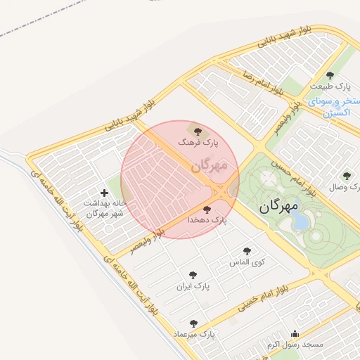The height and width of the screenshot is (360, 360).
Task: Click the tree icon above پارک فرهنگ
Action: click(196, 130)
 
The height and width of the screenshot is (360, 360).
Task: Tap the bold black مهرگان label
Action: click(278, 206)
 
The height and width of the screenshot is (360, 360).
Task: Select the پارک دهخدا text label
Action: click(207, 220)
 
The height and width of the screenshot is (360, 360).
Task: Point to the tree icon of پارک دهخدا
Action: click(206, 209)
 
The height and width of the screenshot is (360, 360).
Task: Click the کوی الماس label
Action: click(245, 262)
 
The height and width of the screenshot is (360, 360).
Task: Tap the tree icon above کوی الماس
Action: click(247, 250)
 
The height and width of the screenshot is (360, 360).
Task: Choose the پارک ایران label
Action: click(193, 287)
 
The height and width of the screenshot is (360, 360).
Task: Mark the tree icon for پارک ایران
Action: click(193, 275)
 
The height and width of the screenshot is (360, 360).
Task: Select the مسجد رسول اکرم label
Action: click(294, 345)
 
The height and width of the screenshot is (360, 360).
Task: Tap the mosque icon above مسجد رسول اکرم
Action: click(295, 334)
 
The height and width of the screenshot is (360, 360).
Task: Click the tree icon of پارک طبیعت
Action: click(330, 75)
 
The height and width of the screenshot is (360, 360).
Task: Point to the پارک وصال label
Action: click(345, 188)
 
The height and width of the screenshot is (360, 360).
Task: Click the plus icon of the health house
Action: click(105, 192)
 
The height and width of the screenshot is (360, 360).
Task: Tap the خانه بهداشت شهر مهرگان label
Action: click(105, 208)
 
